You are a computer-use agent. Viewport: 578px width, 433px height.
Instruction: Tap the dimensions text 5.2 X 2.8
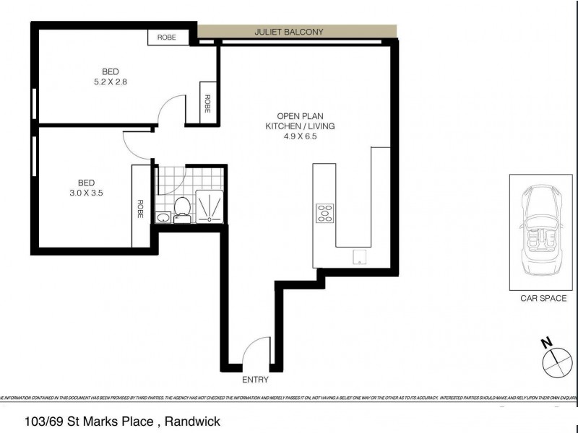tap(110, 82)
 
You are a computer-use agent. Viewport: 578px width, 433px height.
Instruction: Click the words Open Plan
tap(296, 115)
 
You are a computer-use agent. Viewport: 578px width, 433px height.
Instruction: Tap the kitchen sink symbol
tap(358, 257)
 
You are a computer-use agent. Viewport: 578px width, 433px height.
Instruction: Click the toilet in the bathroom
tap(184, 206)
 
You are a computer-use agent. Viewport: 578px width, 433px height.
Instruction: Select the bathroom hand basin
tap(163, 216)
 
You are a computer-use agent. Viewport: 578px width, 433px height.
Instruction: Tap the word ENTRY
tap(256, 380)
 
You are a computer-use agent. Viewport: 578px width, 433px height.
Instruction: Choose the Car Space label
tap(543, 298)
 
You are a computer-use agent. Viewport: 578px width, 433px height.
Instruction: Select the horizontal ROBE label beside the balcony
tap(163, 37)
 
